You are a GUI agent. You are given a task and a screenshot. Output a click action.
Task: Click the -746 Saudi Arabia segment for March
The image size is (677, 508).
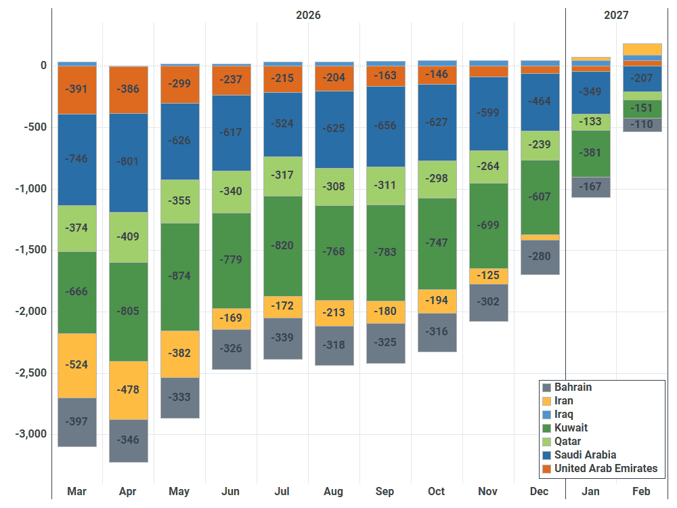click(x=77, y=160)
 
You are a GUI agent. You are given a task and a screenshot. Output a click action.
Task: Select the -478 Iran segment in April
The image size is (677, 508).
click(x=129, y=391)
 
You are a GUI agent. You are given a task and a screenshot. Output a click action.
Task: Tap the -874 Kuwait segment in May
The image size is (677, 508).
click(x=180, y=277)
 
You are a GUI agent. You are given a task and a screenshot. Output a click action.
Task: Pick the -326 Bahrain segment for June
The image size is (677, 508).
click(x=232, y=350)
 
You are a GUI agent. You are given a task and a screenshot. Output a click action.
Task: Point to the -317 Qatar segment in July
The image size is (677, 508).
click(x=283, y=177)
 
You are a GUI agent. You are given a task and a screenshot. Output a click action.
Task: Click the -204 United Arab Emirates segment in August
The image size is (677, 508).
click(x=334, y=79)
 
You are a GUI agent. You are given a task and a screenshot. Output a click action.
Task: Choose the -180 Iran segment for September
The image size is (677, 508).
click(x=386, y=312)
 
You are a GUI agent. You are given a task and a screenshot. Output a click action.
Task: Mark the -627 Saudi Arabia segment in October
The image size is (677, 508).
click(x=437, y=123)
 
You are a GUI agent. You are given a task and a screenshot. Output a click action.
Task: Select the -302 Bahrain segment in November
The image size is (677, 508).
click(x=489, y=302)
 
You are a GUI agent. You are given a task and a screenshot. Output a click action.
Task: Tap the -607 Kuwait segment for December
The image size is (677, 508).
click(x=540, y=197)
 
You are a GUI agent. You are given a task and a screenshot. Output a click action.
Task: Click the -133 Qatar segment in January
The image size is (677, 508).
click(x=591, y=122)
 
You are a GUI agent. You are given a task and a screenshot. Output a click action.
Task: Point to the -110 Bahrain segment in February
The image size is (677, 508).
click(x=642, y=125)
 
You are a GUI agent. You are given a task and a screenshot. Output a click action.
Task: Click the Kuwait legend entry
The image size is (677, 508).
click(x=565, y=428)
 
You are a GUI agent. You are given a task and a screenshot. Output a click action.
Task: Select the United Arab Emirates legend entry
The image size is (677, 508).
click(x=600, y=469)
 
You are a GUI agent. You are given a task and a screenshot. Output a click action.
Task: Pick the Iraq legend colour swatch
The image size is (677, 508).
click(x=546, y=415)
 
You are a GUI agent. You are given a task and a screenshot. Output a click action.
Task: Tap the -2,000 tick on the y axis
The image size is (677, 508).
click(x=30, y=312)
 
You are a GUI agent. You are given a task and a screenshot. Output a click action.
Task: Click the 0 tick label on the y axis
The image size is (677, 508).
click(x=43, y=66)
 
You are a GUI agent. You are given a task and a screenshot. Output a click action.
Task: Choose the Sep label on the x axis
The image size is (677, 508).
click(x=385, y=492)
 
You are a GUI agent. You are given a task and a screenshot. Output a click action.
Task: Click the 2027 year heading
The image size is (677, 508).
click(x=616, y=15)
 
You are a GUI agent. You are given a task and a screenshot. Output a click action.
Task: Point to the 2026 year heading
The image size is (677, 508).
click(x=308, y=15)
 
